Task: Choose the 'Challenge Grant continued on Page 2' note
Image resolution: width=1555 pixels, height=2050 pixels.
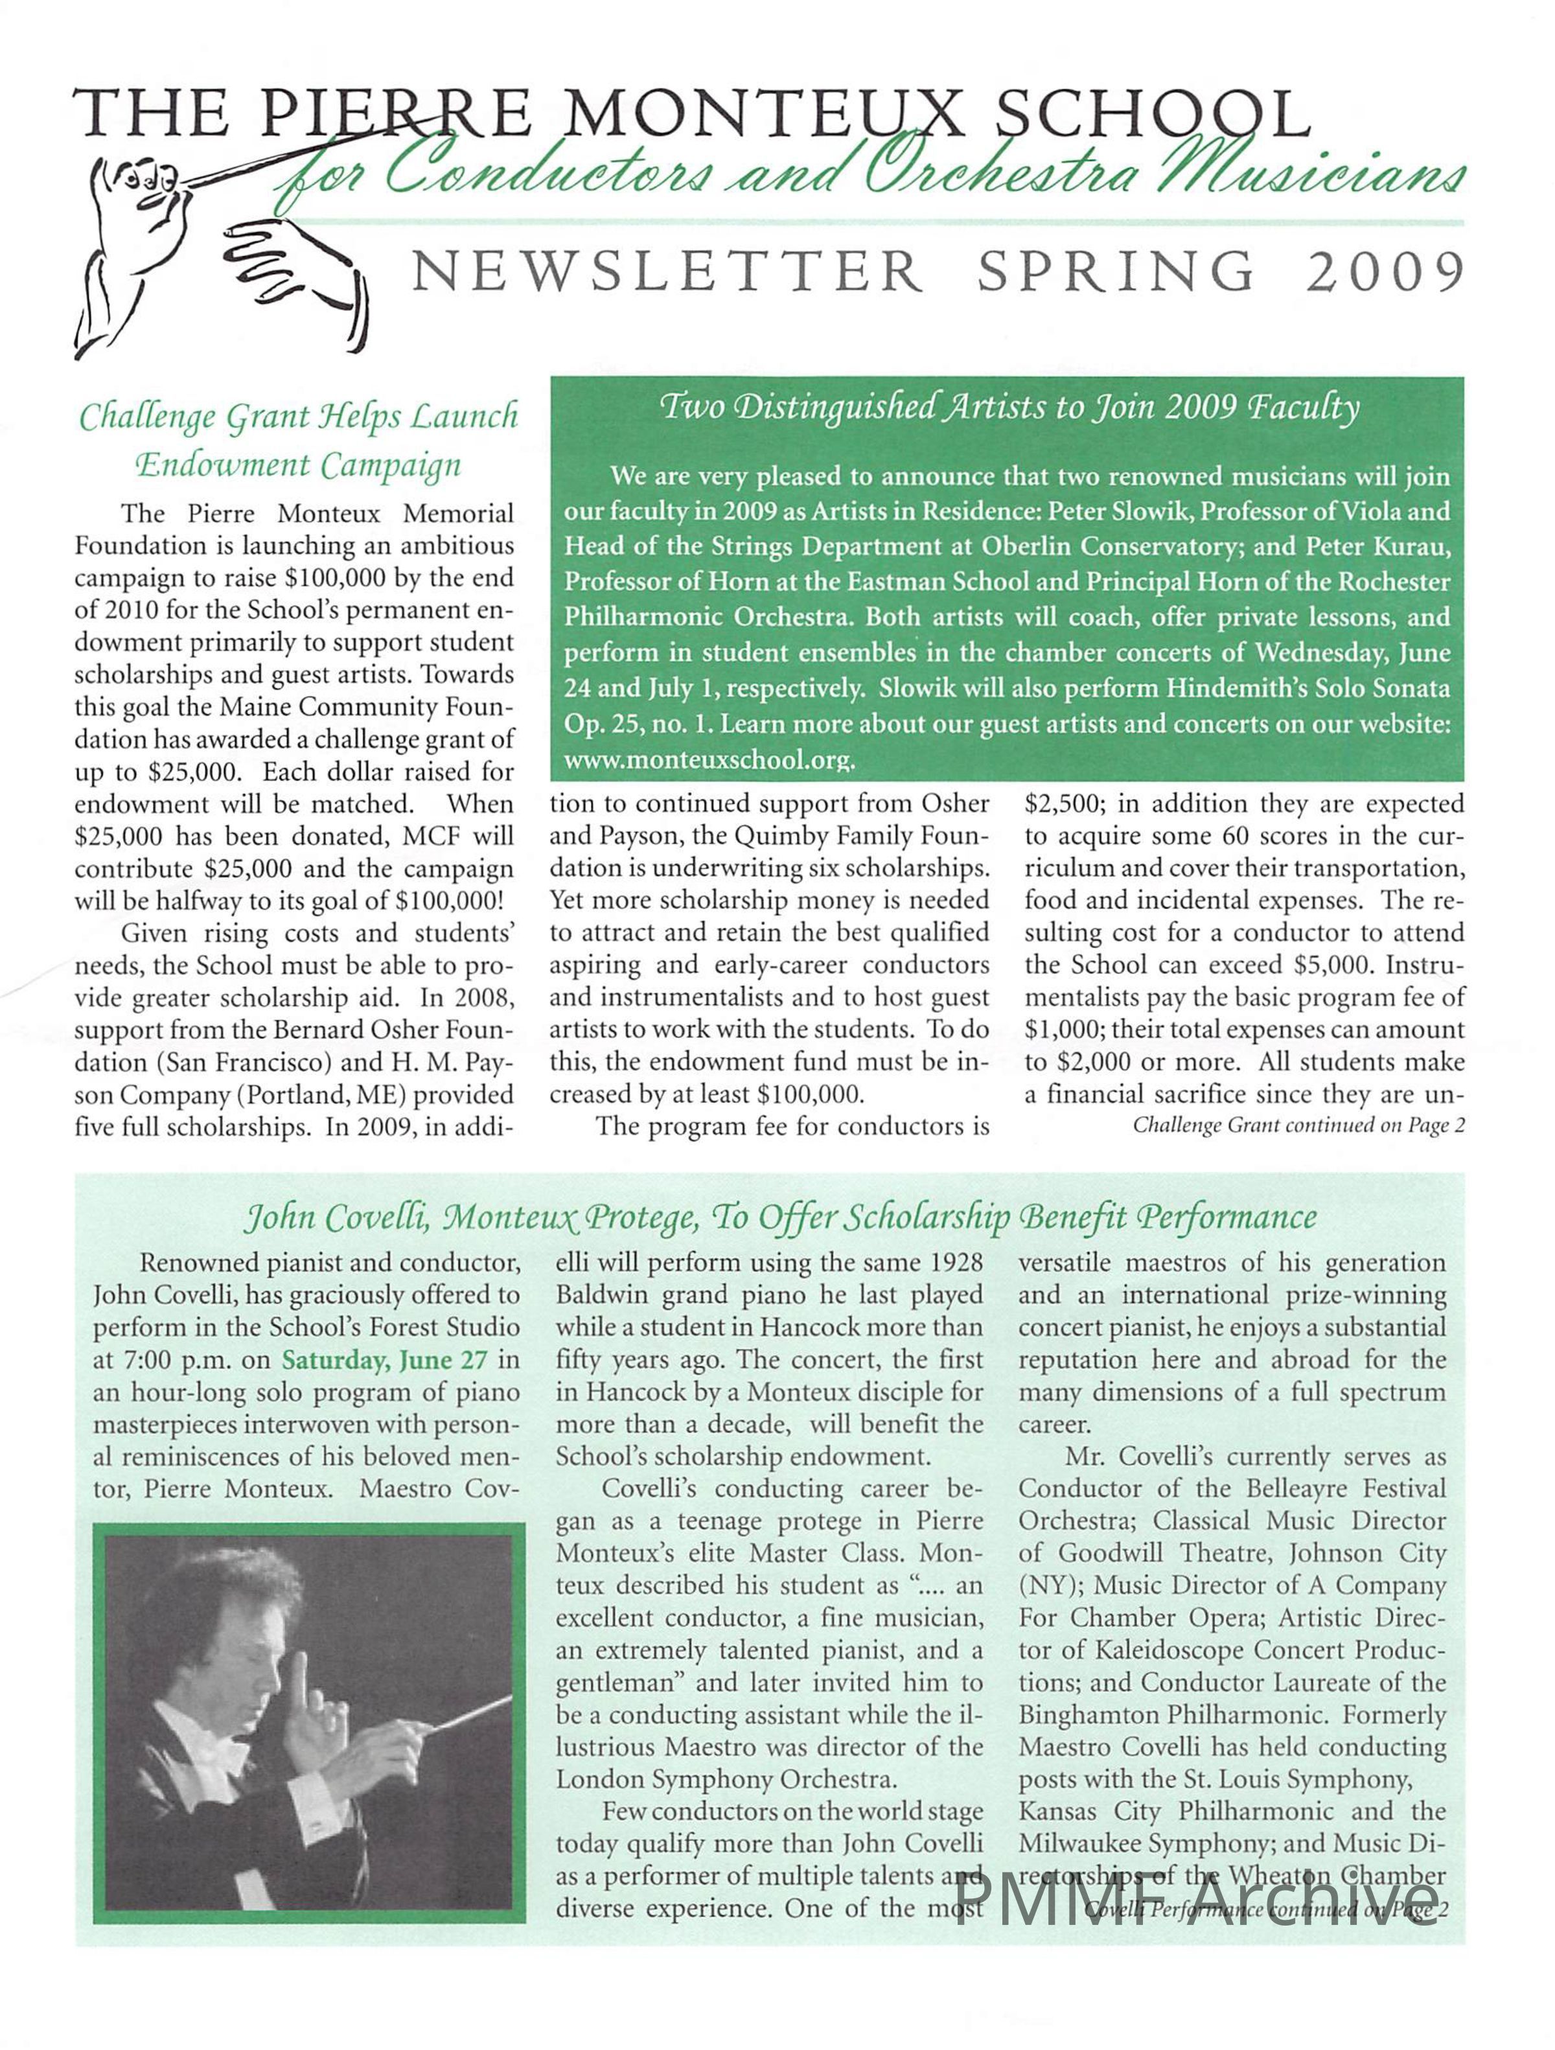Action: [1297, 1126]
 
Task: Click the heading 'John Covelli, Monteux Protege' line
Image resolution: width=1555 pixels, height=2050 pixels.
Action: [778, 1217]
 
